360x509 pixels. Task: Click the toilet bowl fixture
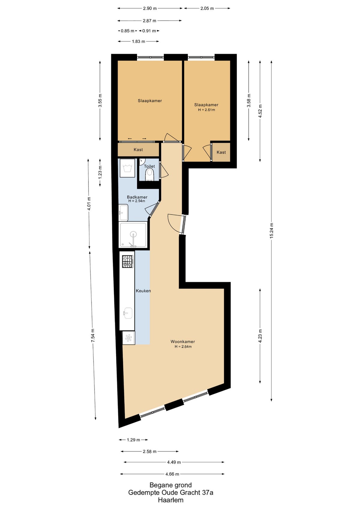point(149,175)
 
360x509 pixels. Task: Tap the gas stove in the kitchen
point(127,262)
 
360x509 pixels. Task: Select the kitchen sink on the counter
point(128,313)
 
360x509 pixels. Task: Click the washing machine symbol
point(127,168)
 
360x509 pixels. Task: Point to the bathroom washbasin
point(123,212)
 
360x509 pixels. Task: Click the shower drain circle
point(133,234)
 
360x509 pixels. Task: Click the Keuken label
point(143,291)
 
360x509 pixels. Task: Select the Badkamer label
point(137,197)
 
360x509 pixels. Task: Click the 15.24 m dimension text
point(271,231)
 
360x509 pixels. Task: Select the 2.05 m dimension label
point(207,8)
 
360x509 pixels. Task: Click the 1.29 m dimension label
point(133,440)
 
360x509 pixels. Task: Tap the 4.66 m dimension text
point(172,474)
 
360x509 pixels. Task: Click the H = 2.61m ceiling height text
point(206,110)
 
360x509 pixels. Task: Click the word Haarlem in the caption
point(171,500)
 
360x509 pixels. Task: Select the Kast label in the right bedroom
point(221,152)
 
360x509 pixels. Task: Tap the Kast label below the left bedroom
point(138,149)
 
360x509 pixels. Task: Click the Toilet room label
point(149,166)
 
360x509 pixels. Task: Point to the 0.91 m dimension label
point(149,31)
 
